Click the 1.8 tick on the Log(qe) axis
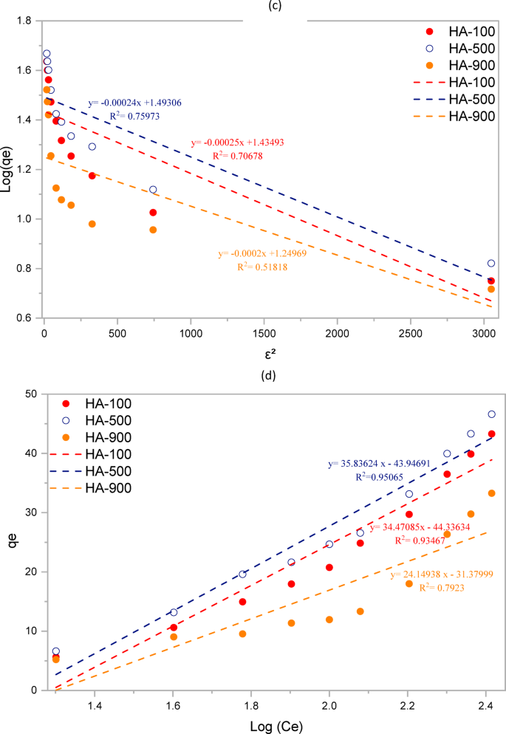point(27,21)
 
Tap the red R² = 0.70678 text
point(238,156)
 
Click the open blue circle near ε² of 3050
point(491,264)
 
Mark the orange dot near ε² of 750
point(153,230)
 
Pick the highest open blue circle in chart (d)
point(491,414)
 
